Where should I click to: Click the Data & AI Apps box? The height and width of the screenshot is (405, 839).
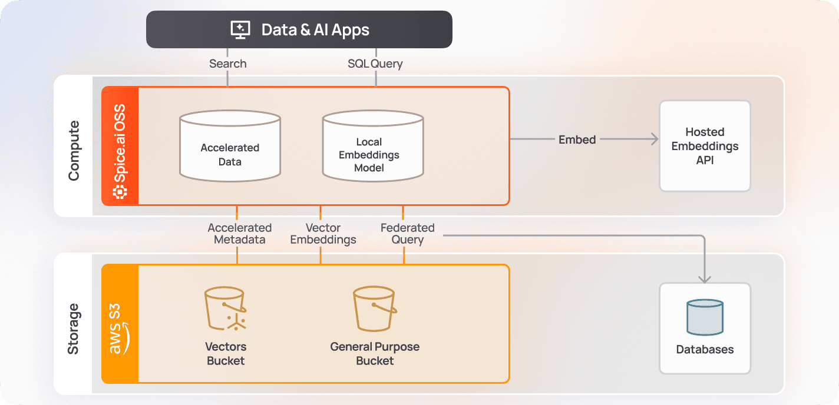click(299, 29)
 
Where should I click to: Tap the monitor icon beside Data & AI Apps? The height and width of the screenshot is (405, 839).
click(240, 29)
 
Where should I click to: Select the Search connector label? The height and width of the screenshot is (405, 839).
click(228, 64)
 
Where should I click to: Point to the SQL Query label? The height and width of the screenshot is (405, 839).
click(375, 64)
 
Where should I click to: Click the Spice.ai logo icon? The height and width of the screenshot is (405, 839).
click(120, 191)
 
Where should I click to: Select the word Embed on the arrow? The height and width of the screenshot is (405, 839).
click(577, 140)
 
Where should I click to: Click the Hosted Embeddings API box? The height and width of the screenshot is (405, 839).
click(705, 146)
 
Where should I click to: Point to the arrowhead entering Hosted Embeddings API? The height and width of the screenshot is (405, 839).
click(654, 140)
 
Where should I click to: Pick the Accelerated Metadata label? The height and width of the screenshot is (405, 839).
click(240, 234)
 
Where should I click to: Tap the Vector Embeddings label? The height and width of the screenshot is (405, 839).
click(323, 234)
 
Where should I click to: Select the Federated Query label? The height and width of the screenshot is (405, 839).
click(407, 234)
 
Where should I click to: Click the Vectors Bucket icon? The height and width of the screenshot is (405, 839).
click(225, 309)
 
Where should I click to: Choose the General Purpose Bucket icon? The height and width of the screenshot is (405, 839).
click(374, 309)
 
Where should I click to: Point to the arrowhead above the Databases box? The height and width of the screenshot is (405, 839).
click(705, 278)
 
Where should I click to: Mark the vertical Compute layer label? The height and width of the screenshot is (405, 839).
click(74, 151)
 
